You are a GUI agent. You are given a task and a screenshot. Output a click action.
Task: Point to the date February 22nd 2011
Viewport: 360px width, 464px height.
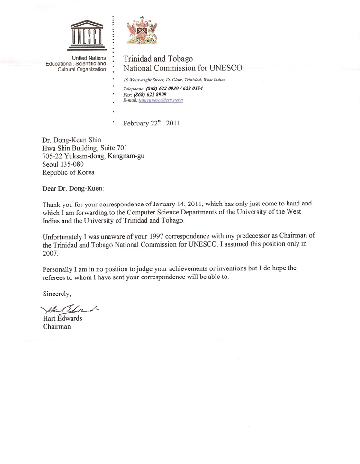(152, 124)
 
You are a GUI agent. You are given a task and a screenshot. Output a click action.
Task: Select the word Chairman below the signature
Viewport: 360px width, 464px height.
(57, 326)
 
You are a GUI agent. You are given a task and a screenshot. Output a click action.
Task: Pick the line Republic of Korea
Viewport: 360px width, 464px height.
(69, 172)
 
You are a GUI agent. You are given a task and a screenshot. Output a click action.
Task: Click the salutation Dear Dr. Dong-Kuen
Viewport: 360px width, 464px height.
(72, 188)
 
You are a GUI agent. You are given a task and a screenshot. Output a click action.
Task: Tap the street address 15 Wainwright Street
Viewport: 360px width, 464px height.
(146, 80)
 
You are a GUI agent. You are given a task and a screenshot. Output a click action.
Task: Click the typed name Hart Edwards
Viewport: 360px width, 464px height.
(63, 318)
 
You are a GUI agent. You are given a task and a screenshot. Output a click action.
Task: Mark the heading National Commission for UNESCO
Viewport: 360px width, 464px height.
(182, 68)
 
